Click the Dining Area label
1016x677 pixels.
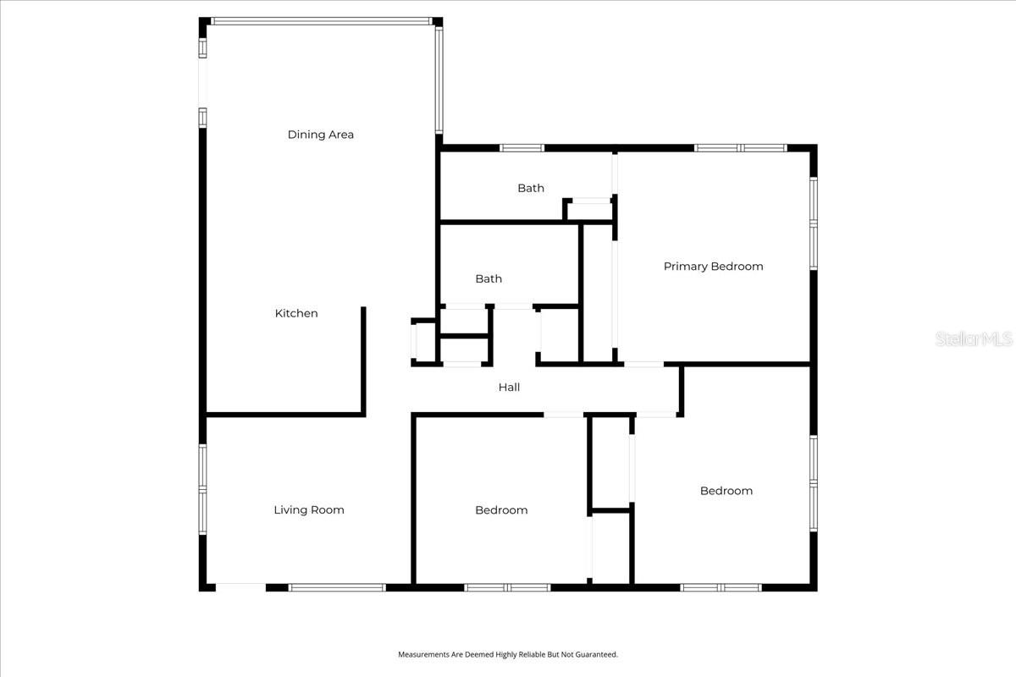[320, 135]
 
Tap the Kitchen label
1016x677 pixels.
[296, 313]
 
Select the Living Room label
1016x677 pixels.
[308, 509]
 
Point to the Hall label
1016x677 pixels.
[509, 387]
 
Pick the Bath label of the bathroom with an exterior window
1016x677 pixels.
[531, 188]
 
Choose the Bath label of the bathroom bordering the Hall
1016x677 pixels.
[489, 278]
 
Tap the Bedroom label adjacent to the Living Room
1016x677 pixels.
[501, 509]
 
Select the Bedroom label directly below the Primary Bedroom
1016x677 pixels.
[726, 491]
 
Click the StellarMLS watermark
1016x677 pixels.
[974, 338]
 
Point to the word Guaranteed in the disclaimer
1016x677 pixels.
[599, 654]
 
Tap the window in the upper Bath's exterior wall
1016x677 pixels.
[522, 148]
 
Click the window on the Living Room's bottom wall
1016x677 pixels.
[337, 586]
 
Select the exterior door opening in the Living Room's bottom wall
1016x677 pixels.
[240, 586]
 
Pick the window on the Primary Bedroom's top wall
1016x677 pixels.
[741, 148]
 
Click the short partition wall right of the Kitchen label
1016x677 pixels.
[364, 360]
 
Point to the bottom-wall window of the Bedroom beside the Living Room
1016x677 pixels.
[507, 586]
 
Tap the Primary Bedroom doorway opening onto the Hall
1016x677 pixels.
[644, 365]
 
